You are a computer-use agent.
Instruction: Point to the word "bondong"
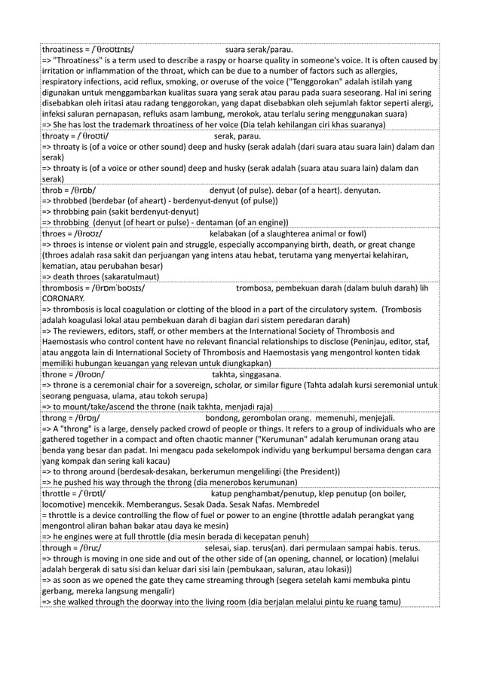point(224,417)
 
